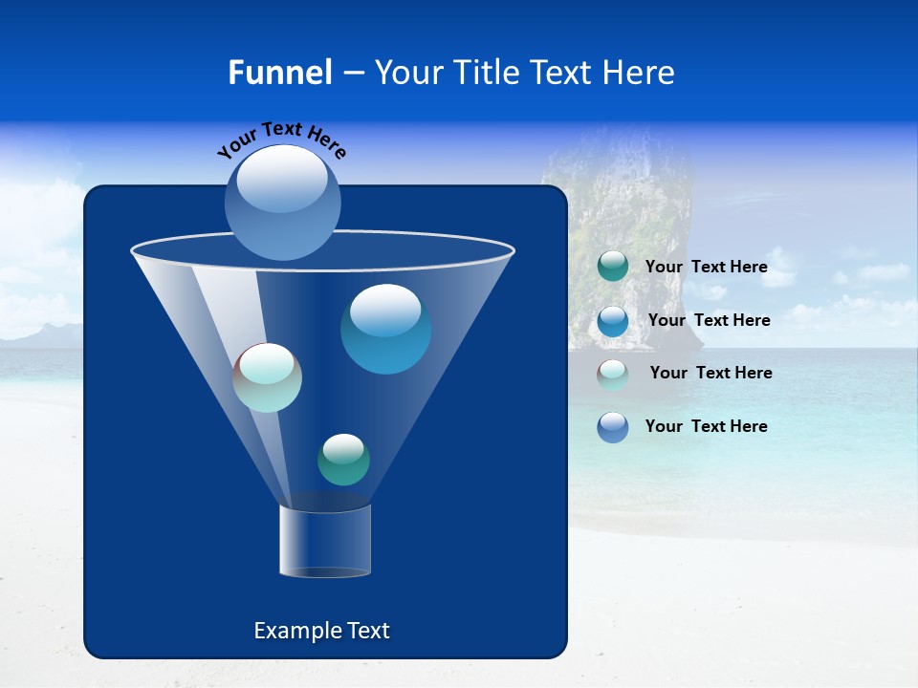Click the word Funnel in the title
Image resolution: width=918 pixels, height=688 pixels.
point(279,73)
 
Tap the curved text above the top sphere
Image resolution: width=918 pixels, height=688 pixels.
point(281,140)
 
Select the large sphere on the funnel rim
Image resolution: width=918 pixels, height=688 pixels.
point(283,202)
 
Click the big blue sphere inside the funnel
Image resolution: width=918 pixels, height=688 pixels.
point(385,329)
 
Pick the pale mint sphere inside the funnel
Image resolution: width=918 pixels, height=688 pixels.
point(268,377)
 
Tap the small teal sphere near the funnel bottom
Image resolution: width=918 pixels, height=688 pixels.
point(343,460)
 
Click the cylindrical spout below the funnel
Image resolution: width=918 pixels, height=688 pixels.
point(324,541)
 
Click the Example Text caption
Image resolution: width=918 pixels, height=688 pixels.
point(321,631)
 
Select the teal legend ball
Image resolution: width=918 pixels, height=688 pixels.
point(613,267)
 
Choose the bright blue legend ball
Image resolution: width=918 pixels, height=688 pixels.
point(613,320)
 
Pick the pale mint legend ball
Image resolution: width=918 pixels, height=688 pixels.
point(613,374)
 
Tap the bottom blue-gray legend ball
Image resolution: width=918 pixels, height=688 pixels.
point(613,427)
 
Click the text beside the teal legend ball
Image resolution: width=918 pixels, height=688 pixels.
point(706,268)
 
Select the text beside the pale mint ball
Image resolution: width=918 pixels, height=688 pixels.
point(710,373)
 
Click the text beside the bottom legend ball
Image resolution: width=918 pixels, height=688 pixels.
point(706,426)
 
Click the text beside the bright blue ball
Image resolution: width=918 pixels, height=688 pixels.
point(709,320)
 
